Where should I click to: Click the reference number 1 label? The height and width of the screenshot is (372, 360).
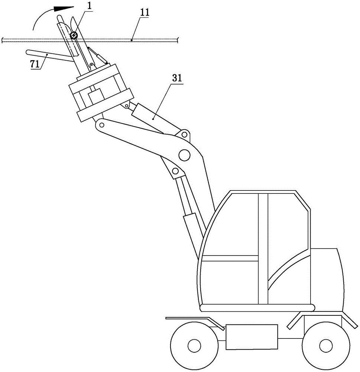coord(89,6)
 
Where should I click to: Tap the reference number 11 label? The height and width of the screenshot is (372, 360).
coord(145,12)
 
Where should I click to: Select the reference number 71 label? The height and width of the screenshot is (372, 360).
coord(35,64)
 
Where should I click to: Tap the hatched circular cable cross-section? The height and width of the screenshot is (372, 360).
coord(74,35)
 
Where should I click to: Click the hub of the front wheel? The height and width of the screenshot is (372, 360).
coord(194,346)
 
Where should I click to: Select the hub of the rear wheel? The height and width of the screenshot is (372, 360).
coord(326,346)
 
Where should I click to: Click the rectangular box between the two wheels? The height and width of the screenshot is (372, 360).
coord(252,337)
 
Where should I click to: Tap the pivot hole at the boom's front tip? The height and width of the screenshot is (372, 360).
coord(101,125)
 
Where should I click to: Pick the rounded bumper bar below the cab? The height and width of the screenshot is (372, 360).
coord(257,308)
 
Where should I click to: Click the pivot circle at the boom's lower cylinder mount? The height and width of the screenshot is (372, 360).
coord(175,171)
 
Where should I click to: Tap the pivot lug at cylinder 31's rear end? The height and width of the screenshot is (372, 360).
coord(184,135)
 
